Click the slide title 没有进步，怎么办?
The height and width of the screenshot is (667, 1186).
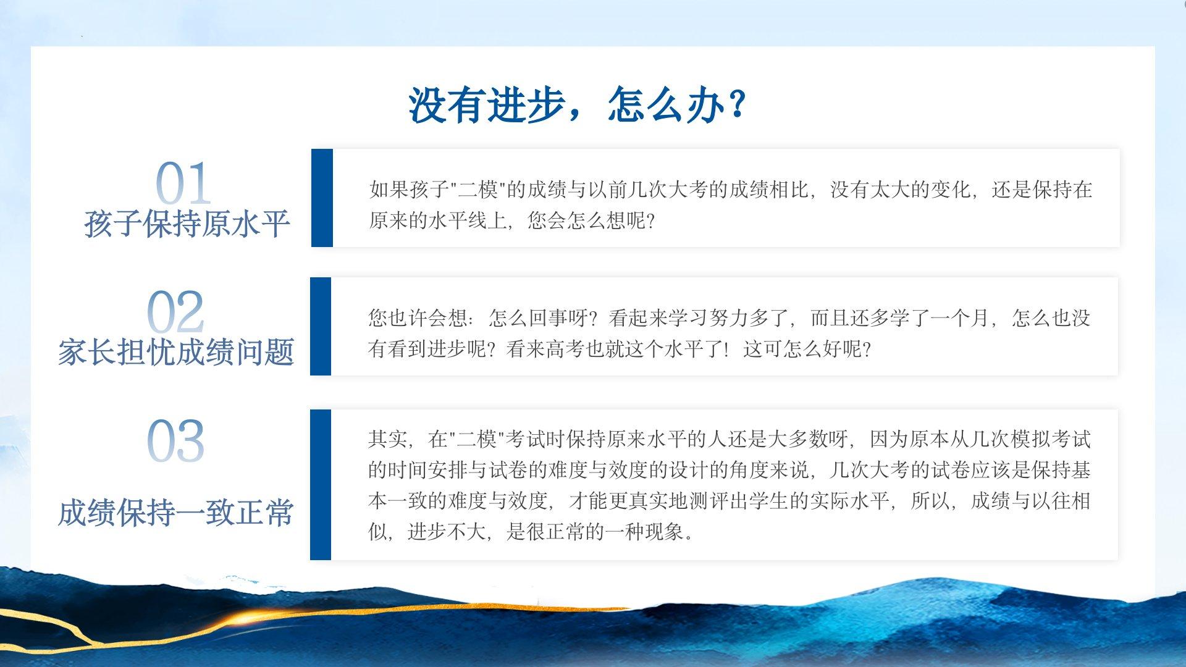(578, 104)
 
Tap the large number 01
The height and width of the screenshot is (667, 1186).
(183, 184)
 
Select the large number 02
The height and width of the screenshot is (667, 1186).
(176, 313)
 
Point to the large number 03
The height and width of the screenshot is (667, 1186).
(175, 441)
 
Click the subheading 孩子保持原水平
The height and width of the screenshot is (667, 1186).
(187, 224)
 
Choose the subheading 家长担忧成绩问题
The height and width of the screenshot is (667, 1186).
(176, 352)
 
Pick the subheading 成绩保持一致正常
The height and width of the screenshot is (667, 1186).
(176, 513)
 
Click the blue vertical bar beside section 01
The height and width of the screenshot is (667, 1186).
(322, 198)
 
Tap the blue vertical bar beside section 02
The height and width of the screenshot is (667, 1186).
(321, 326)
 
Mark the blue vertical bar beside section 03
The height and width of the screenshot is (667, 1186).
(321, 485)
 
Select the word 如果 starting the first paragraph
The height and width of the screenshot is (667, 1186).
(389, 190)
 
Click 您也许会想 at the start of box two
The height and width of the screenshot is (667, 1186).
(418, 318)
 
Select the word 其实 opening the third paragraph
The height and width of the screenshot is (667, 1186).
(388, 439)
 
